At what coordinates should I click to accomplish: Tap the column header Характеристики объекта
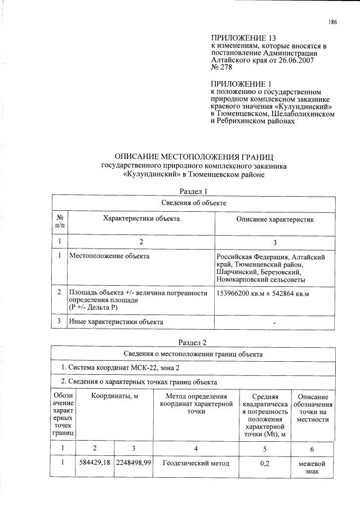click(141, 218)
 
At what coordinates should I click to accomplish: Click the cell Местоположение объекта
click(109, 256)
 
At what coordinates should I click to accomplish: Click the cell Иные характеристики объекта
click(116, 322)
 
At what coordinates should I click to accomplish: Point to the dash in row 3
click(274, 322)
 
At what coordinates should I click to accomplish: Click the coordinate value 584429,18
click(94, 463)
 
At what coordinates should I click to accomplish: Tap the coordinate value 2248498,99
click(134, 463)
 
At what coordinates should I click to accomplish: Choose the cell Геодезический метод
click(196, 463)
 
